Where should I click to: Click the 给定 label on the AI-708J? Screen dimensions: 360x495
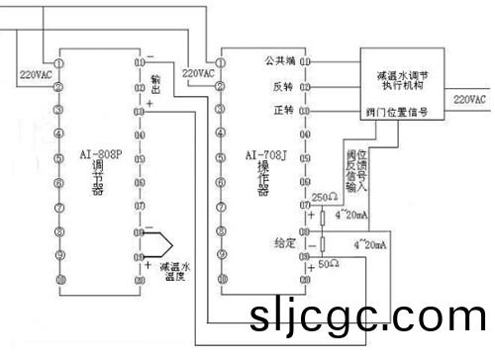pyautogui.click(x=285, y=241)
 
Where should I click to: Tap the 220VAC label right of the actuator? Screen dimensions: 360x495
pyautogui.click(x=469, y=99)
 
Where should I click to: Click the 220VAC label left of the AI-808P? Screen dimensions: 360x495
pyautogui.click(x=38, y=75)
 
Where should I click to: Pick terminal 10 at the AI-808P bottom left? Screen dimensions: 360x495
pyautogui.click(x=59, y=281)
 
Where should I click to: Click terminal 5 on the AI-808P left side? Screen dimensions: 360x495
pyautogui.click(x=59, y=157)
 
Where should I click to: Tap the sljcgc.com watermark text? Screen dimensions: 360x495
pyautogui.click(x=367, y=319)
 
